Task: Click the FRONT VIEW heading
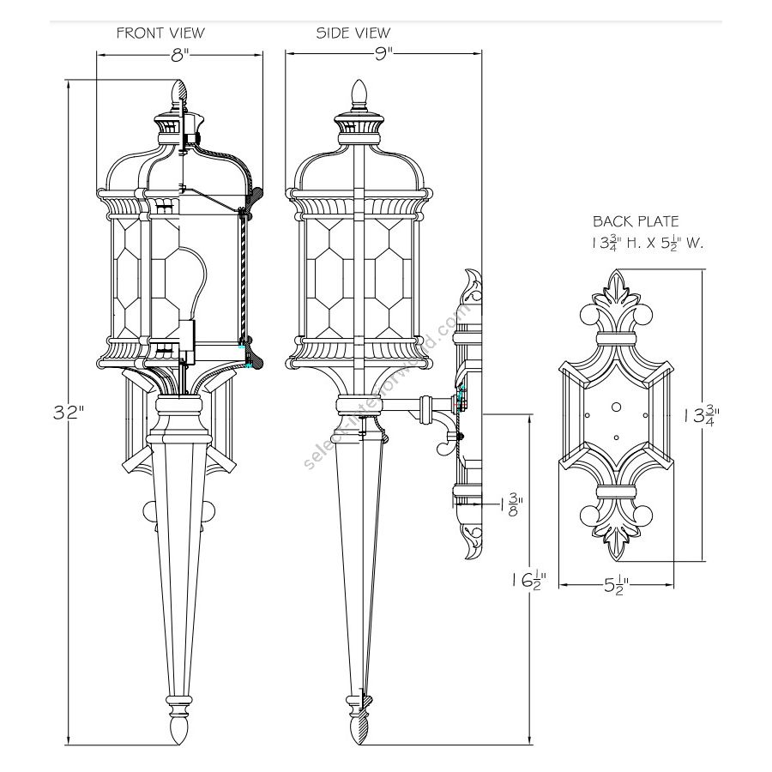[160, 33]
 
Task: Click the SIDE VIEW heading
[353, 33]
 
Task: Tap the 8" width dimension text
[178, 56]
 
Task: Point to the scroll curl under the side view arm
[443, 446]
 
